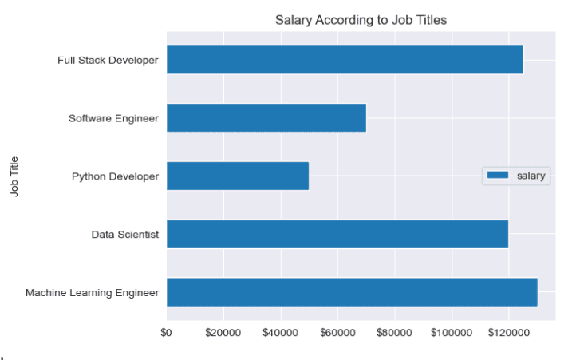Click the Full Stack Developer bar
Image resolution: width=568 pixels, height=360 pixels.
[345, 60]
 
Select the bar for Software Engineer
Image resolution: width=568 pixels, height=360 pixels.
[266, 118]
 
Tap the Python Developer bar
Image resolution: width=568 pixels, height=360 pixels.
[238, 176]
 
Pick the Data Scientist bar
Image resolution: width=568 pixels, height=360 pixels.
[337, 234]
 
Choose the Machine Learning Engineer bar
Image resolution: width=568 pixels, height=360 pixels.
[352, 292]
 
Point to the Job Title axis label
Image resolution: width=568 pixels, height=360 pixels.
[14, 176]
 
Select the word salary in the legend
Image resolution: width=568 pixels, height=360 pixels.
[532, 176]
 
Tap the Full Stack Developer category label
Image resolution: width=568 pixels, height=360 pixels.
[108, 61]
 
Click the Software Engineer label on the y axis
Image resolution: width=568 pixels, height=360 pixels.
[113, 119]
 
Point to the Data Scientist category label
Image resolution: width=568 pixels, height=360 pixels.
[125, 235]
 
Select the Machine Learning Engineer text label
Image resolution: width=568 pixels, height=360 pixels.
[92, 293]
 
